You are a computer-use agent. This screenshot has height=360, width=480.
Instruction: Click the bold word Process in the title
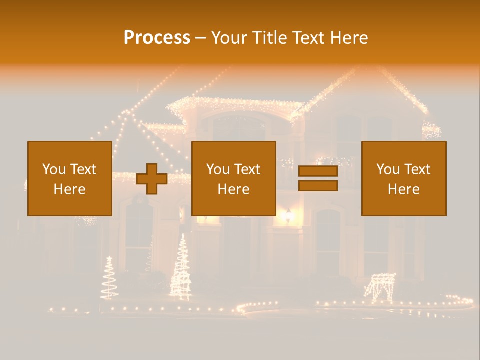(157, 38)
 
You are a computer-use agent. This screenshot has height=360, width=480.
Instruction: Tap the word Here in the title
(348, 38)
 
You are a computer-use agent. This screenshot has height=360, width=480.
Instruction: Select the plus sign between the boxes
(152, 179)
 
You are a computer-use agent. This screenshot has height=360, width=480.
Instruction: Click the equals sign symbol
(318, 178)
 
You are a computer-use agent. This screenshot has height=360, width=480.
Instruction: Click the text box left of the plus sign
(70, 178)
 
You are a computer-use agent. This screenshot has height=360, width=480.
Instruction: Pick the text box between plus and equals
(234, 178)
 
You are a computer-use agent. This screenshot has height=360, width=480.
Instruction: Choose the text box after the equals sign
(404, 178)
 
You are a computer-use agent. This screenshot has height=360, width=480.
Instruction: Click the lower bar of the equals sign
(318, 185)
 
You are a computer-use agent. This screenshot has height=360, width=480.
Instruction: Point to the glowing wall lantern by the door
(288, 215)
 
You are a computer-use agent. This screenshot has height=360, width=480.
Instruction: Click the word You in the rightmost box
(388, 169)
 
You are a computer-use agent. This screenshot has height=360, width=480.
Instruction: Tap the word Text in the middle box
(247, 169)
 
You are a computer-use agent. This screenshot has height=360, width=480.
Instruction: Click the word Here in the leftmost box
(70, 189)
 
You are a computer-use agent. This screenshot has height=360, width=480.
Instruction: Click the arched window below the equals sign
(328, 235)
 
